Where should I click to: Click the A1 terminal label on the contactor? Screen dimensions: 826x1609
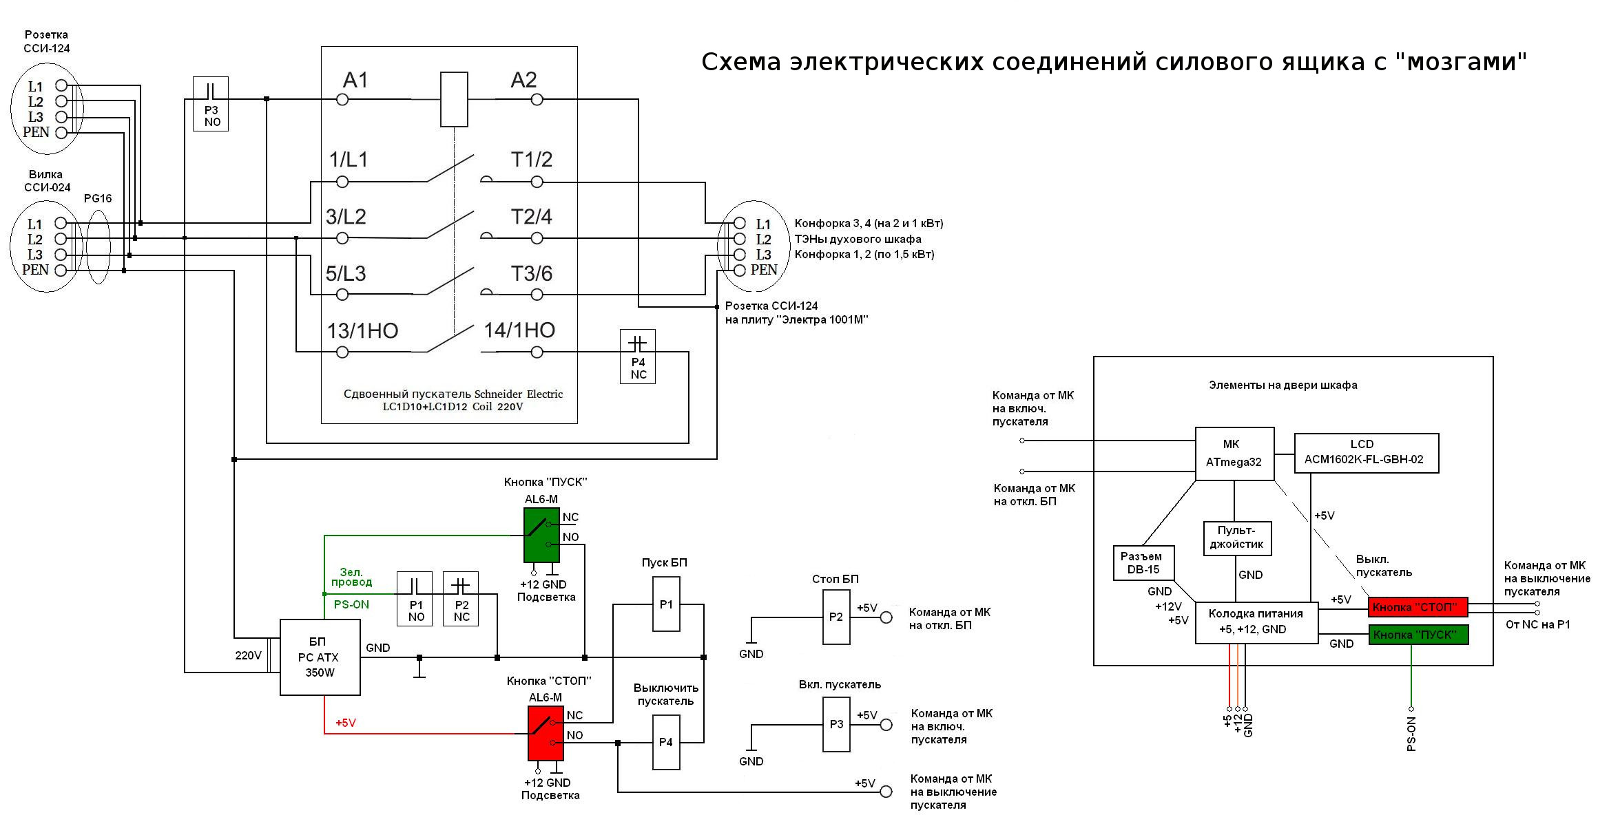355,81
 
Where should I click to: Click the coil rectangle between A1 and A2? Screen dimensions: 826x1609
454,99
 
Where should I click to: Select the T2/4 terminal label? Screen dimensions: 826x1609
531,217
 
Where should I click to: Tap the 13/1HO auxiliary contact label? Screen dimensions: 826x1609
362,331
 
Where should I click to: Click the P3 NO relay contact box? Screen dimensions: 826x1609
211,104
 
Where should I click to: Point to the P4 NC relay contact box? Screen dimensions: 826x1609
638,357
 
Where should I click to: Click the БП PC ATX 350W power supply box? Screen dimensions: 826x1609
320,657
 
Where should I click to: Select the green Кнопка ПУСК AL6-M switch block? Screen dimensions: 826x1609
541,535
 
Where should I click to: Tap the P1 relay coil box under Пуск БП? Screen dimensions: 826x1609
666,604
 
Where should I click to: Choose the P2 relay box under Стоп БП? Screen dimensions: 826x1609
835,617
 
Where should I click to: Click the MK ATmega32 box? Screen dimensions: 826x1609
1234,453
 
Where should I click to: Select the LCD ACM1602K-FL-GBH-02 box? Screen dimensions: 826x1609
1367,452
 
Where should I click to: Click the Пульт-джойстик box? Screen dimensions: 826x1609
1236,538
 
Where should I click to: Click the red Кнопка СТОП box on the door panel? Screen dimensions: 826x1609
1418,607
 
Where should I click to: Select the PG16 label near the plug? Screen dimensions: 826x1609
98,198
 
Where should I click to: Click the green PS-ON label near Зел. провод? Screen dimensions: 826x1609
351,604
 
